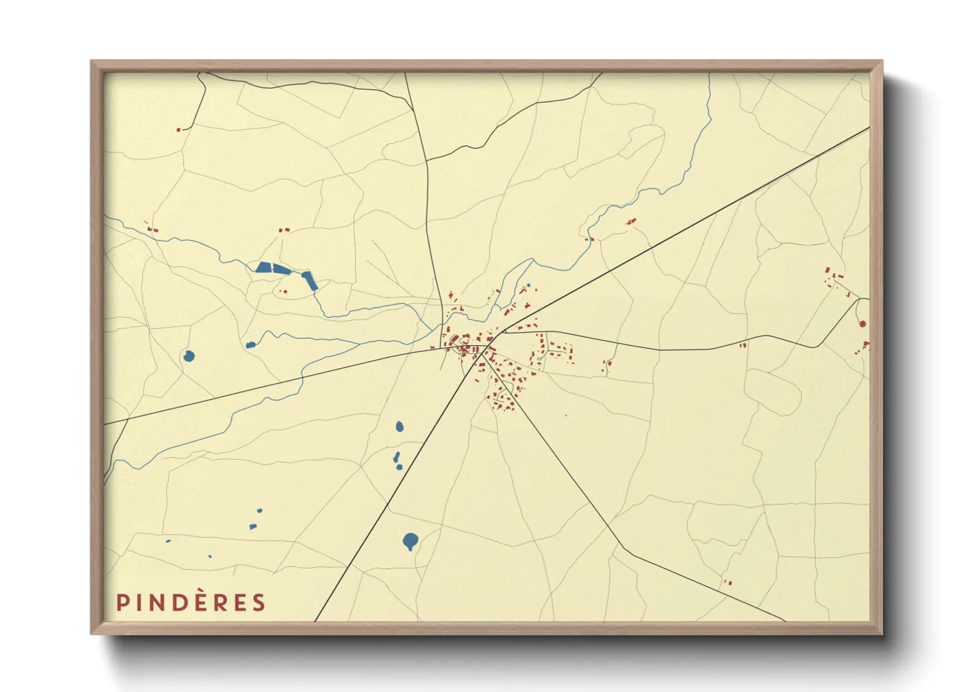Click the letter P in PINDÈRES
(x=121, y=602)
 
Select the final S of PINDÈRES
(x=260, y=602)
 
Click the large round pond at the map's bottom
(x=410, y=541)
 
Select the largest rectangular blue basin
(x=264, y=267)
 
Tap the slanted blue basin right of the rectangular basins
(x=309, y=280)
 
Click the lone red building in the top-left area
(x=179, y=130)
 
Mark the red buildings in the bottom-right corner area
(x=727, y=582)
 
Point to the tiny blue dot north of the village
(x=528, y=285)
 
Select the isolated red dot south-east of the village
(x=566, y=415)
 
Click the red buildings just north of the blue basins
(x=284, y=230)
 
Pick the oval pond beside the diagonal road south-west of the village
(x=400, y=427)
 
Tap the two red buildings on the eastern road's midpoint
(x=743, y=345)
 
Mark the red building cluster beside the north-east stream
(x=631, y=222)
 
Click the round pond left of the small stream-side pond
(x=188, y=356)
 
